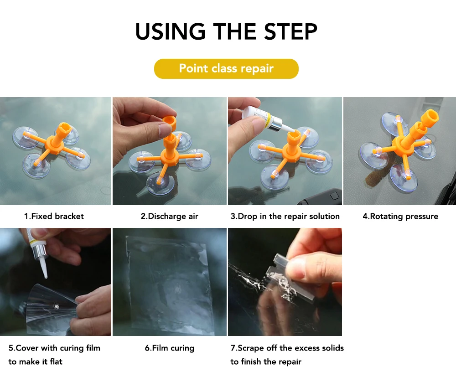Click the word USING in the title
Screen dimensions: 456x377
[171, 31]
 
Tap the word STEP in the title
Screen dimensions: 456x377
[290, 31]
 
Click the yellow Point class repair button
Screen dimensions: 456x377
[226, 68]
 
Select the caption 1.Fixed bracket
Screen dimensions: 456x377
[54, 216]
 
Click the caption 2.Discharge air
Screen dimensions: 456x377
[170, 216]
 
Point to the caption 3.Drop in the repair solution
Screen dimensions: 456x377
[285, 216]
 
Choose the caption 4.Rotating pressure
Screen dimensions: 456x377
[400, 216]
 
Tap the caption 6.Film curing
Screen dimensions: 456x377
[170, 348]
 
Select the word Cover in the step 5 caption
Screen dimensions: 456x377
[27, 348]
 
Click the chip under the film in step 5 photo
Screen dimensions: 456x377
[55, 305]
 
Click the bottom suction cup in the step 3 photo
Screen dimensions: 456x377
[275, 177]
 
